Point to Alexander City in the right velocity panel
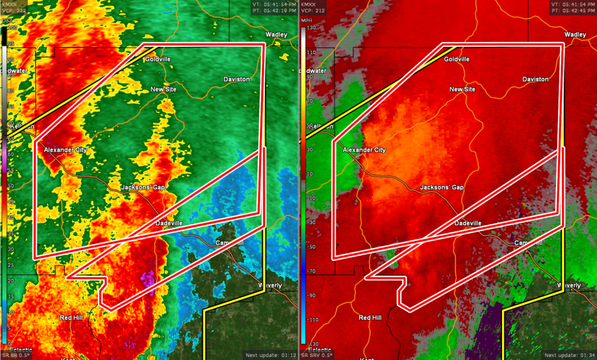(364, 150)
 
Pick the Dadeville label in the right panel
(468, 223)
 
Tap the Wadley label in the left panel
(277, 35)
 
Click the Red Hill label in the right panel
(370, 317)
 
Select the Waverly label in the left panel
(271, 285)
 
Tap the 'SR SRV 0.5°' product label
(318, 355)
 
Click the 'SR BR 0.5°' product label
(18, 355)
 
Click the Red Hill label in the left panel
(72, 317)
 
